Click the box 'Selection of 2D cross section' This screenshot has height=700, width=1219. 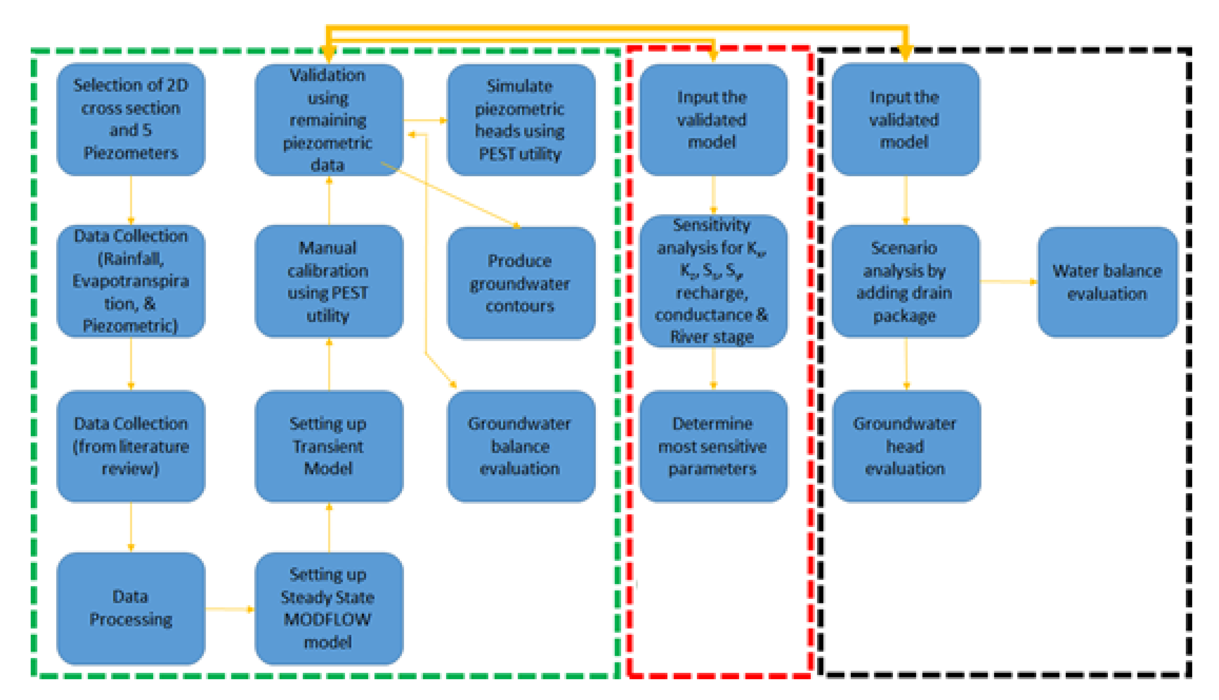coord(131,119)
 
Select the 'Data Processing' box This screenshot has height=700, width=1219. coord(131,608)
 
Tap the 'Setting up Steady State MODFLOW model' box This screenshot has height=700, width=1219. coord(329,608)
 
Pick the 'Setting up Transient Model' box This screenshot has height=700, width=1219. coord(329,446)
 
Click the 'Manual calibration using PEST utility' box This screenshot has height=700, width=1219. coord(329,282)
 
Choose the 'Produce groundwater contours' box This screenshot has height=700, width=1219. coord(521,284)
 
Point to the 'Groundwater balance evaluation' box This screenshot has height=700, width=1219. coord(521,446)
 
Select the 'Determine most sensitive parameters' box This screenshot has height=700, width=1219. coord(713,446)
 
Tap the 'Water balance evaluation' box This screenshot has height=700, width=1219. coord(1107,282)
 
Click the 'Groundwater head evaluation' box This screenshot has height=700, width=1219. coord(906,446)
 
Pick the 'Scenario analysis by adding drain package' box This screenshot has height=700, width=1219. coord(905,282)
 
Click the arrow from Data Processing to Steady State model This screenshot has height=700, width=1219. coord(229,609)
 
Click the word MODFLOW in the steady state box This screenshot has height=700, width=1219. coord(328,619)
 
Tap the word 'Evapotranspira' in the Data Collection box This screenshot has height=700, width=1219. coord(131,281)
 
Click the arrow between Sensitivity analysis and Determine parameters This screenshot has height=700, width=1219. coord(713,368)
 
